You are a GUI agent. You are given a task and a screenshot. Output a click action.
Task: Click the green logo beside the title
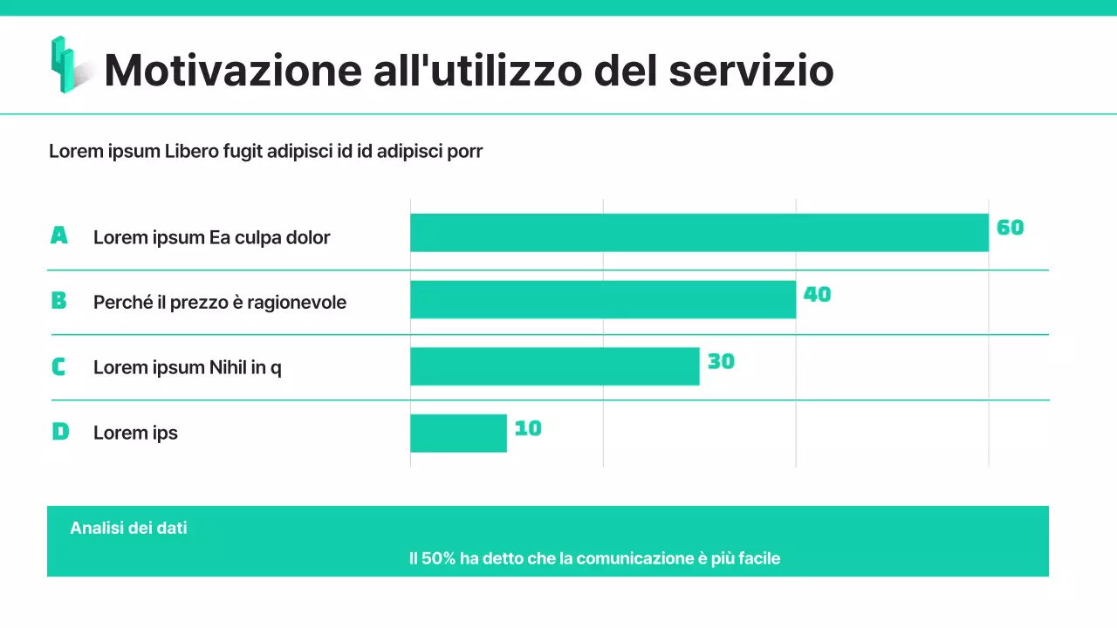[65, 65]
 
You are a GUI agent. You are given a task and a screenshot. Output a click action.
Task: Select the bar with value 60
[699, 233]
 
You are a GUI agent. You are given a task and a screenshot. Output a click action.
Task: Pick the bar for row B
[603, 299]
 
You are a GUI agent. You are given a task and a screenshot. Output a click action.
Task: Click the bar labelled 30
[555, 366]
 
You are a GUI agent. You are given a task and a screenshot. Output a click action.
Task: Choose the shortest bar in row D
[458, 433]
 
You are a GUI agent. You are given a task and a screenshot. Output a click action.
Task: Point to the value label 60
[1010, 228]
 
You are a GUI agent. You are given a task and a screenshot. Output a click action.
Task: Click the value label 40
[817, 295]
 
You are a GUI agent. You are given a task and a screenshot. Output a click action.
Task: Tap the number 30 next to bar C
[721, 361]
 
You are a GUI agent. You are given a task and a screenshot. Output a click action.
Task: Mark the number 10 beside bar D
[528, 428]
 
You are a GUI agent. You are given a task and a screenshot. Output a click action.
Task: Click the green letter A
[58, 235]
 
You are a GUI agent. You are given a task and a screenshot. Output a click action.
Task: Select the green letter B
[58, 301]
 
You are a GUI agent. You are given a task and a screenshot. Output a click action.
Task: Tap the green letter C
[58, 367]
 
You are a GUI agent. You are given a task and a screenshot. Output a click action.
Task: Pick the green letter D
[60, 432]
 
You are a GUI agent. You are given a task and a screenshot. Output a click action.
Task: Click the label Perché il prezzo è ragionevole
[220, 303]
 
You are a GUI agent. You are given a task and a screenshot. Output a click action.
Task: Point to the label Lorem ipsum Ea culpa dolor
[211, 237]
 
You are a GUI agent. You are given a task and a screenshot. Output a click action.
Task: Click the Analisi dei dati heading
[128, 528]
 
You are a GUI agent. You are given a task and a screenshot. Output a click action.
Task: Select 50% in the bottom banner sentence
[439, 558]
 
